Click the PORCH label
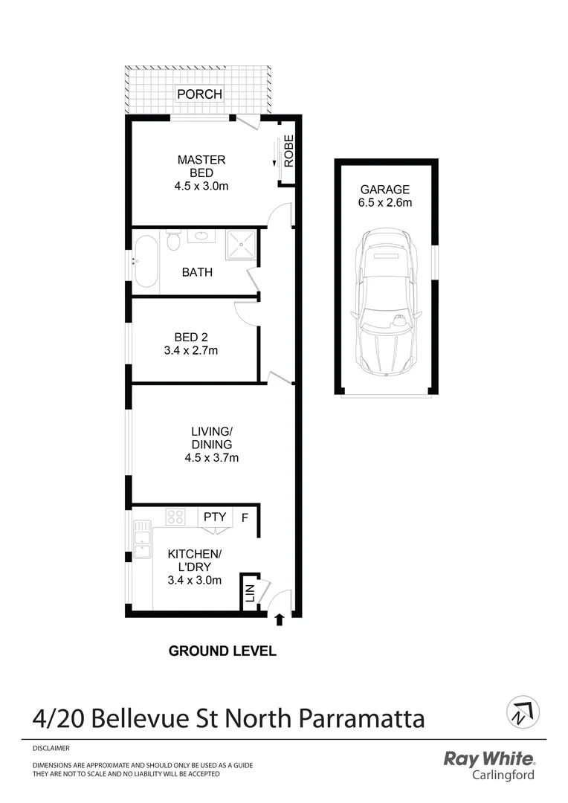tap(199, 94)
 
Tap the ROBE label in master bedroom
tap(289, 151)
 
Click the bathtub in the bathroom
tap(146, 261)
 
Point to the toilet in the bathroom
tap(173, 240)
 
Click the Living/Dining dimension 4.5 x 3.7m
tap(212, 458)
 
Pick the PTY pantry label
tap(215, 517)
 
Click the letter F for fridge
tap(245, 517)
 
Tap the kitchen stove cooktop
tap(175, 516)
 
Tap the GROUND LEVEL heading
tap(222, 651)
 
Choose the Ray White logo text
tap(488, 759)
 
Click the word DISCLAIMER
tap(51, 748)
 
